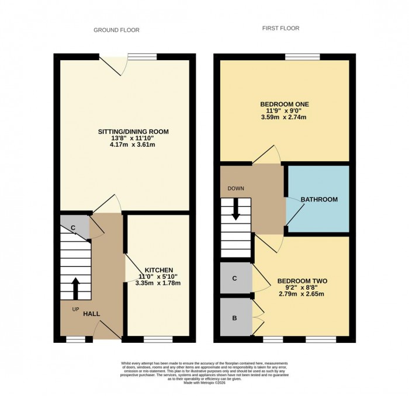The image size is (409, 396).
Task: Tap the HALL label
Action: (x=91, y=314)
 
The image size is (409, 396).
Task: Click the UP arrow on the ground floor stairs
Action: (x=75, y=287)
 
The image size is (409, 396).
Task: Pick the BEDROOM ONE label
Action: (x=284, y=104)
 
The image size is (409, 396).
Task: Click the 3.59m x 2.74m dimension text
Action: (x=284, y=117)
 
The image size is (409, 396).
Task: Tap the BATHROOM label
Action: (x=319, y=200)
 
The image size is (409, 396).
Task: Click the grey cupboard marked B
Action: (x=234, y=318)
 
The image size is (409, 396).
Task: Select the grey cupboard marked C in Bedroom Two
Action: (x=234, y=279)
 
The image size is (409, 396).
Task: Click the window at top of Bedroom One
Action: (x=302, y=57)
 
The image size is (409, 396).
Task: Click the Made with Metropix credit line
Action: (x=204, y=383)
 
